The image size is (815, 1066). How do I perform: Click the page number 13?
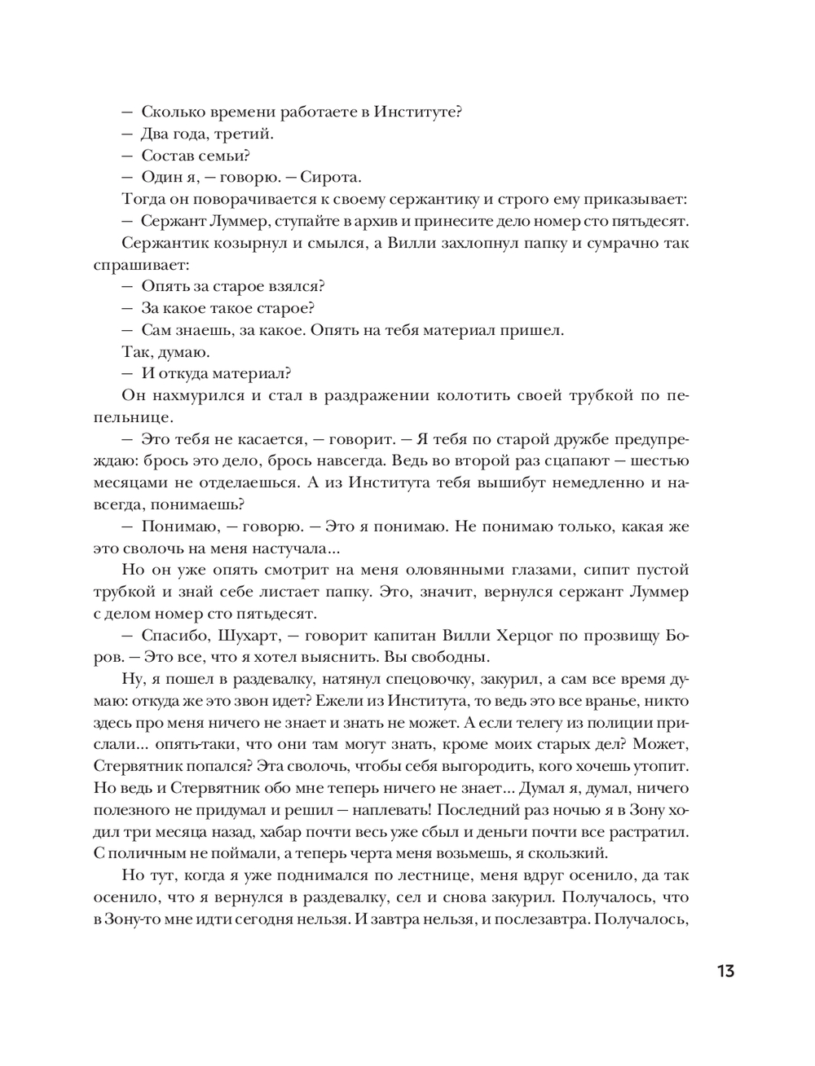(x=725, y=971)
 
